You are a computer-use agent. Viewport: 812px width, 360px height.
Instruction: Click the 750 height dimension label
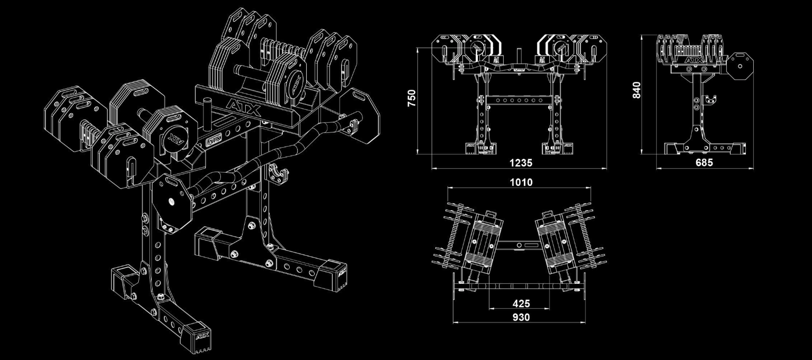click(412, 98)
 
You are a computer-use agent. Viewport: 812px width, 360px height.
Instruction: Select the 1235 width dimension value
click(521, 163)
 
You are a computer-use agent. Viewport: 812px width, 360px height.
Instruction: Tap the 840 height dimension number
click(637, 89)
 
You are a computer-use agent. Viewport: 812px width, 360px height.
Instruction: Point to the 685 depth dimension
click(703, 163)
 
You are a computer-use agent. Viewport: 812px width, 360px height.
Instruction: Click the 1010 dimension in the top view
click(521, 182)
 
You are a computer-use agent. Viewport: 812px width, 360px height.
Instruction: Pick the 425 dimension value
click(521, 304)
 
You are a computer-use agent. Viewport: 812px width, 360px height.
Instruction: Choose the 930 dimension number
click(521, 317)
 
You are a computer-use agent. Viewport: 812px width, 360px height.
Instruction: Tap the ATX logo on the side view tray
click(694, 61)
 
